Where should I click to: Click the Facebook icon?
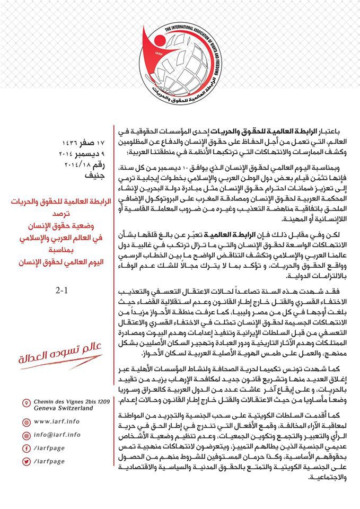tap(27, 448)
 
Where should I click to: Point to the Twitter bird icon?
tap(27, 461)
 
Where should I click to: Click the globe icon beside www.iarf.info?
tap(27, 422)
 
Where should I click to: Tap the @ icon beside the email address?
tap(27, 435)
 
